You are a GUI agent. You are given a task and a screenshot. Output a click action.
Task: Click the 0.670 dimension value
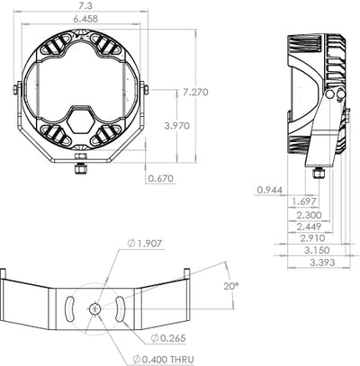tap(160, 177)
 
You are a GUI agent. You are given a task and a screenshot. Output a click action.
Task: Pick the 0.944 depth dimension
tap(270, 190)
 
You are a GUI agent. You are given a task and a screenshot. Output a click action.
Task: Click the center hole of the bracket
tap(94, 308)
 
